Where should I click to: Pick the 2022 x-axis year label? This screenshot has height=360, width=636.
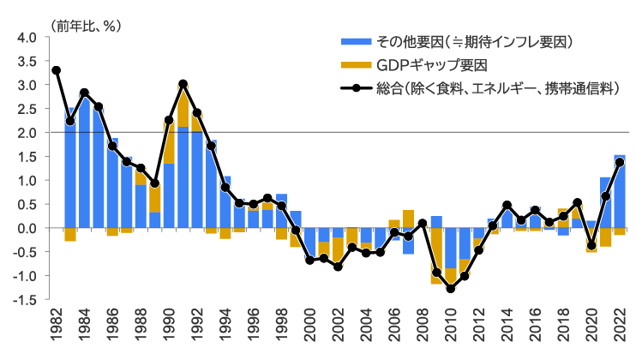[619, 329]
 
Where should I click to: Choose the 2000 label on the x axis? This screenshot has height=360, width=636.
[309, 329]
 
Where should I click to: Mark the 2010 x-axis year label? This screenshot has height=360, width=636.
[450, 329]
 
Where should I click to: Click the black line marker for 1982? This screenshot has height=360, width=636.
[57, 70]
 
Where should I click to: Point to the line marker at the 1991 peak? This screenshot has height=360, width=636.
[183, 84]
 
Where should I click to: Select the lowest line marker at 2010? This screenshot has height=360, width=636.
[450, 289]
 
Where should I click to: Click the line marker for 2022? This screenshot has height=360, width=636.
[619, 162]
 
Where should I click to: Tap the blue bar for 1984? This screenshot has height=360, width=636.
[84, 163]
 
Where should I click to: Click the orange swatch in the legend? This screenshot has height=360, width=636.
[354, 65]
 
